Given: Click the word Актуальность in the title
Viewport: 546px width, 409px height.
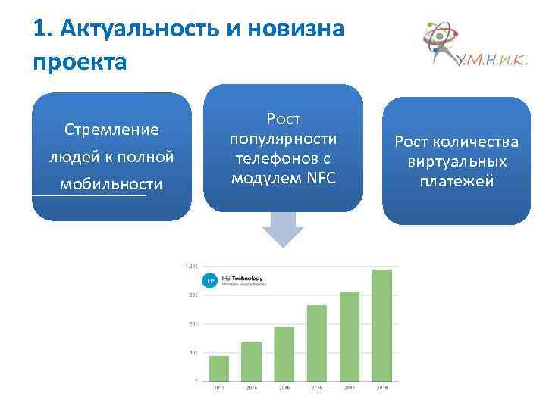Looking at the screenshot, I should point(142,30).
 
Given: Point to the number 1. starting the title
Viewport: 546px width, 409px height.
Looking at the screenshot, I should point(43,30).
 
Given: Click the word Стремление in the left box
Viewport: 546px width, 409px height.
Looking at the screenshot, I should point(111,130).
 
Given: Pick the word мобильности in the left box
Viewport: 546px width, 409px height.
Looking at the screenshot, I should point(111,184).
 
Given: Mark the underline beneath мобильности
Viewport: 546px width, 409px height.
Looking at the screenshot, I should point(89,196).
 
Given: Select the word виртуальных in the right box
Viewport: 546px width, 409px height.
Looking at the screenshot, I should point(457,162).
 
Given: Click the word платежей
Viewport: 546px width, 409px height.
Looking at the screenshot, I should point(457,182).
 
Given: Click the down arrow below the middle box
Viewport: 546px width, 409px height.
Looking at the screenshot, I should point(282,229).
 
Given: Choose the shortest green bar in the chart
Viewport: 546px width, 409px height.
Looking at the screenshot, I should point(218,367).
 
